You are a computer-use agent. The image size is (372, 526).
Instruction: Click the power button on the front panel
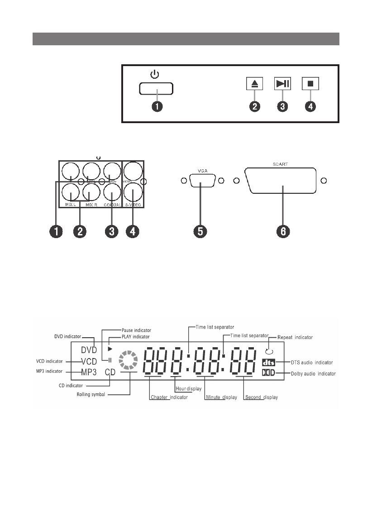(x=157, y=89)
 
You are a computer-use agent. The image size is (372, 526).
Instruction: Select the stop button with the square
(x=311, y=84)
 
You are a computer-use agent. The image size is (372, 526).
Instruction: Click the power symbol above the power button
(x=155, y=74)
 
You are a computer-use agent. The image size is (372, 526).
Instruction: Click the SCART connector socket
(x=283, y=181)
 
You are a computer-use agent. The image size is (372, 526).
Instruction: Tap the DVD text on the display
(x=89, y=350)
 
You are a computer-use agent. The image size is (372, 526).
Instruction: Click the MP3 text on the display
(x=88, y=372)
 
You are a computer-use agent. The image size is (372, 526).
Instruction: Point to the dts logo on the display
(x=268, y=363)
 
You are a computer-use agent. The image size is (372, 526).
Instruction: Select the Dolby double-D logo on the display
(x=268, y=373)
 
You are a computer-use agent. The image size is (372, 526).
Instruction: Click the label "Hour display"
(x=188, y=389)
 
